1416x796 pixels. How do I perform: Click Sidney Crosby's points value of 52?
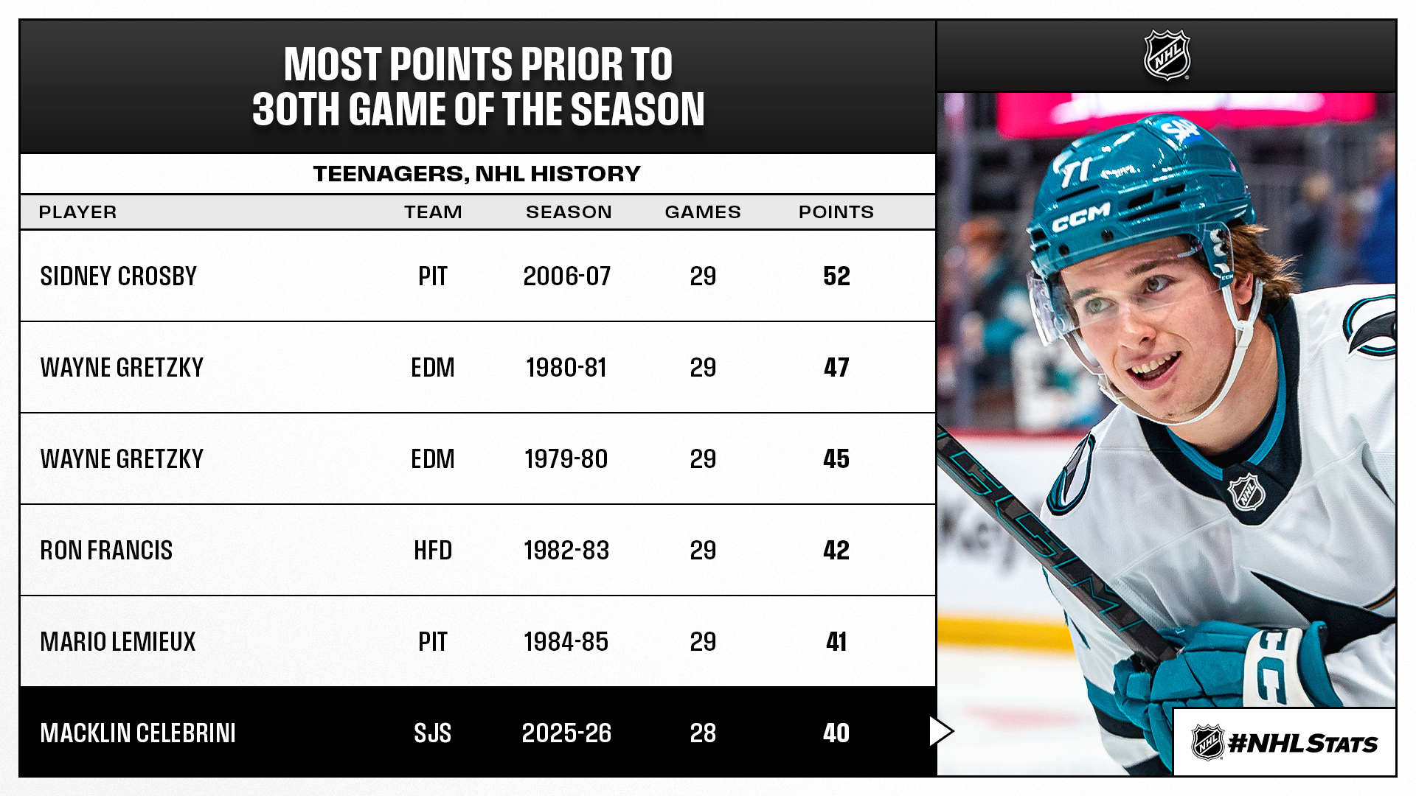point(836,276)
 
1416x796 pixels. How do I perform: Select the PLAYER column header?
point(77,212)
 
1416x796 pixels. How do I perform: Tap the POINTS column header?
point(836,212)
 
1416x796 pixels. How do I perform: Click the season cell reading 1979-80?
point(566,459)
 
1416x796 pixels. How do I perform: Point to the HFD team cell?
point(432,551)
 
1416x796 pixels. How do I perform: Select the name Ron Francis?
point(106,551)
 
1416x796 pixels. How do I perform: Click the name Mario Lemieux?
point(118,642)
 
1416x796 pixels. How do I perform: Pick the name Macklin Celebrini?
point(138,733)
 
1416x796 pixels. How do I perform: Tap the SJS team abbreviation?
point(432,733)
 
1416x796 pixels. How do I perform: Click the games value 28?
point(703,733)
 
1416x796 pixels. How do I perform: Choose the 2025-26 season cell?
point(566,733)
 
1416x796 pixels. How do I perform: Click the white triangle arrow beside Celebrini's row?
point(940,731)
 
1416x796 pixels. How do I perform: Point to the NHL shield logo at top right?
point(1167,55)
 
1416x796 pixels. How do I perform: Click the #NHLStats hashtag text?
point(1302,744)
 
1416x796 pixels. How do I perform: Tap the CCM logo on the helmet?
point(1081,217)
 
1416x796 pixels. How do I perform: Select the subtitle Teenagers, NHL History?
point(476,174)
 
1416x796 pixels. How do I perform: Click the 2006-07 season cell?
point(566,276)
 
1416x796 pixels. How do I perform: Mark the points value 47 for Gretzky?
point(836,368)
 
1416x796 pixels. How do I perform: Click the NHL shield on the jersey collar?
point(1246,492)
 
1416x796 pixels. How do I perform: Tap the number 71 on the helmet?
point(1076,171)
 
